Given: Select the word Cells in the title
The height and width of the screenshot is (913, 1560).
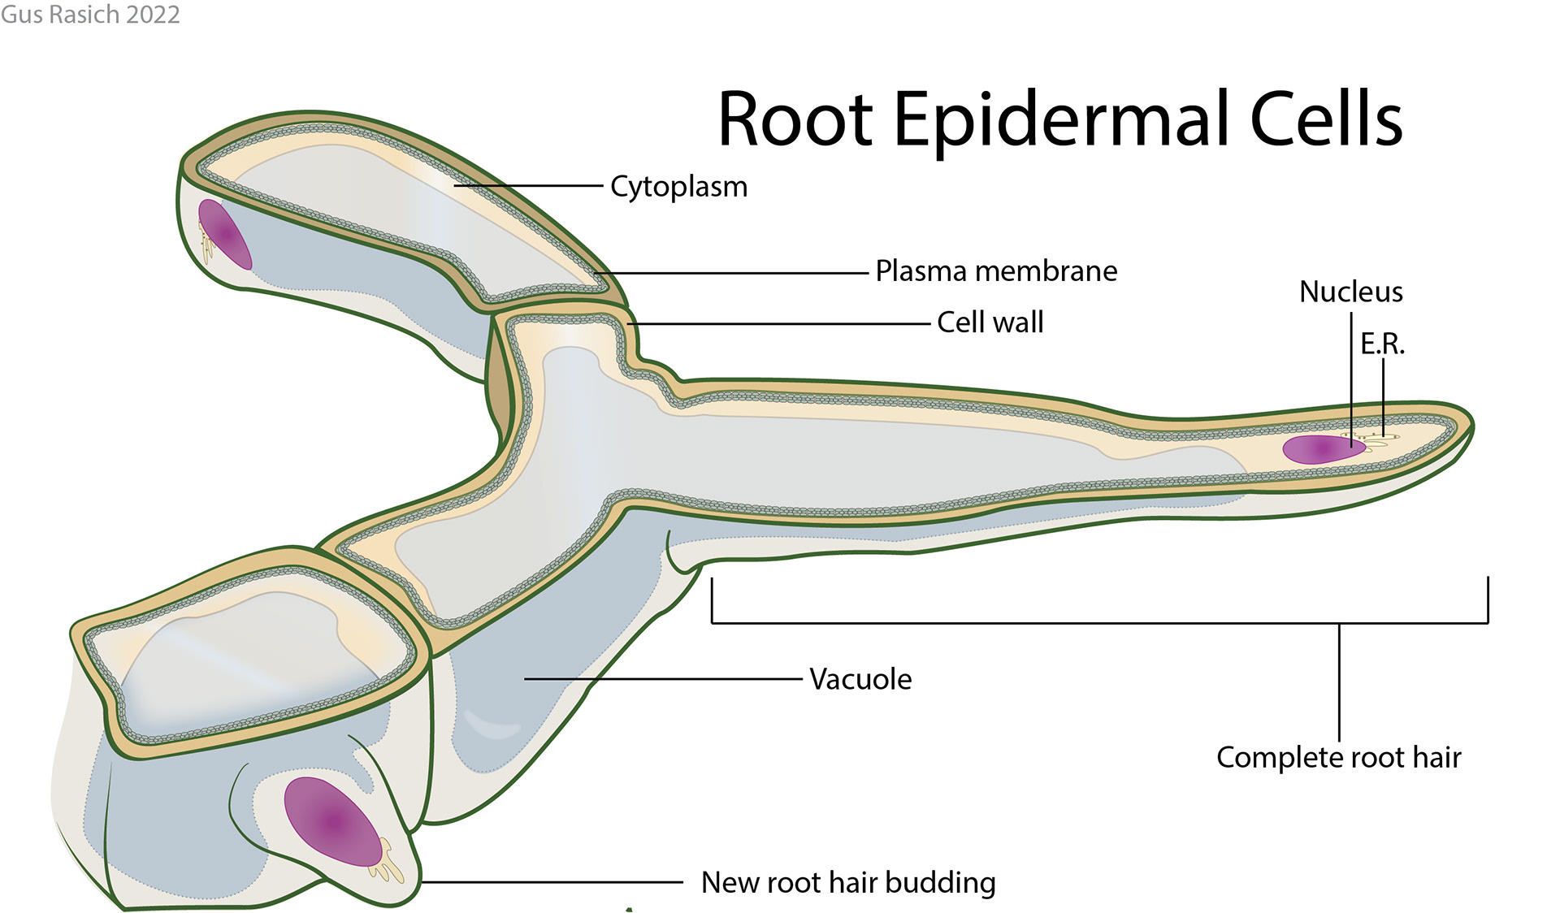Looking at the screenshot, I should click(x=1325, y=119).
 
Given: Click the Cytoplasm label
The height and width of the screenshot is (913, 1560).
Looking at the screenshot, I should click(x=678, y=187).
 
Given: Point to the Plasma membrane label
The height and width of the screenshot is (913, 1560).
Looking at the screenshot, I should click(x=996, y=271).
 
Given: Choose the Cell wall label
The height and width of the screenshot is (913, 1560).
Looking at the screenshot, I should click(x=990, y=322).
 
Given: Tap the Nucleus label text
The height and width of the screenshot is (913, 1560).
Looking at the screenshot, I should click(x=1350, y=292).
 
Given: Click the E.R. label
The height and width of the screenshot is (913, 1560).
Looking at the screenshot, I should click(x=1382, y=344).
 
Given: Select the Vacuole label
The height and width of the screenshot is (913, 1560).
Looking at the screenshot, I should click(x=860, y=679).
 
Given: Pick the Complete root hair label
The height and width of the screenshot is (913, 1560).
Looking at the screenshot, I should click(x=1338, y=757).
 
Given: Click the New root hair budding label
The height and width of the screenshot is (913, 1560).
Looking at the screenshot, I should click(x=848, y=882).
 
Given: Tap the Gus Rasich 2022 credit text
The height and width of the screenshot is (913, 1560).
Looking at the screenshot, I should click(x=90, y=14).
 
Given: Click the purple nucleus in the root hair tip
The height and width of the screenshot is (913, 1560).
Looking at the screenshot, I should click(x=1321, y=449).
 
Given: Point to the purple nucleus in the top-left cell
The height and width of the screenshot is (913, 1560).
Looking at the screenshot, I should click(x=224, y=234).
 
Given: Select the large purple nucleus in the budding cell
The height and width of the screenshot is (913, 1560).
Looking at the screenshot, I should click(x=333, y=821).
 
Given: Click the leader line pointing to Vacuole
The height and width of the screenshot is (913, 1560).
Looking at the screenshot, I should click(x=662, y=679).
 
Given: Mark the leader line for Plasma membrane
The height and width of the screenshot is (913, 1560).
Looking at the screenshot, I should click(x=731, y=273).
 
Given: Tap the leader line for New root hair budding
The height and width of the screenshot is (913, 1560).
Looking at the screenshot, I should click(x=552, y=882).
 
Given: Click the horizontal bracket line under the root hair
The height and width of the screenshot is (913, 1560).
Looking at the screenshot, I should click(x=1016, y=623).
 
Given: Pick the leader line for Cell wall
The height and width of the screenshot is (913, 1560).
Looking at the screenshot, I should click(x=780, y=323).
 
